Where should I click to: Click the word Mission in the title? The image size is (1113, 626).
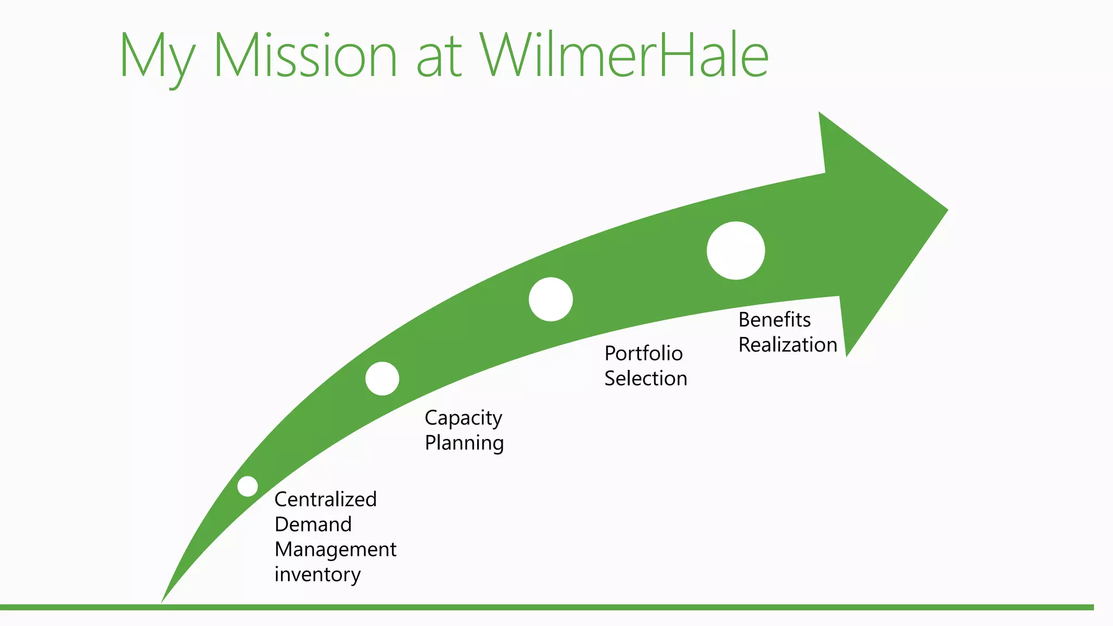click(x=305, y=56)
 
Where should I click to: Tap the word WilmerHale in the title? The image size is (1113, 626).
click(x=624, y=55)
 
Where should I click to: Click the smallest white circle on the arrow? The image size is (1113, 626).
click(x=248, y=486)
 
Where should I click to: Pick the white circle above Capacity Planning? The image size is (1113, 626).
click(x=382, y=379)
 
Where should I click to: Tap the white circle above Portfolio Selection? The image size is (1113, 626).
click(x=551, y=299)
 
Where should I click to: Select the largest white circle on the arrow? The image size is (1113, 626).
click(x=736, y=251)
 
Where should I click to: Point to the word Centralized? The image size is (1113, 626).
click(x=326, y=499)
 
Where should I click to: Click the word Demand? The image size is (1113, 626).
click(x=313, y=524)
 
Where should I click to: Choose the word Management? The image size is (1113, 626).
click(x=335, y=550)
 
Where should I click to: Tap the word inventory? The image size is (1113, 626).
click(x=317, y=574)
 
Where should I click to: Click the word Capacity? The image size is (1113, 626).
click(x=463, y=418)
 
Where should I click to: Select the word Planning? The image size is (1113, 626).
click(x=464, y=443)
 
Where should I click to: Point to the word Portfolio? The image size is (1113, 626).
click(x=643, y=354)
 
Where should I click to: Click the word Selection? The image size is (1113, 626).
click(x=646, y=379)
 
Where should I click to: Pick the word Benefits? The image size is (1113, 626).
click(x=774, y=320)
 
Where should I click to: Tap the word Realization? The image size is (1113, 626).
click(x=787, y=345)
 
